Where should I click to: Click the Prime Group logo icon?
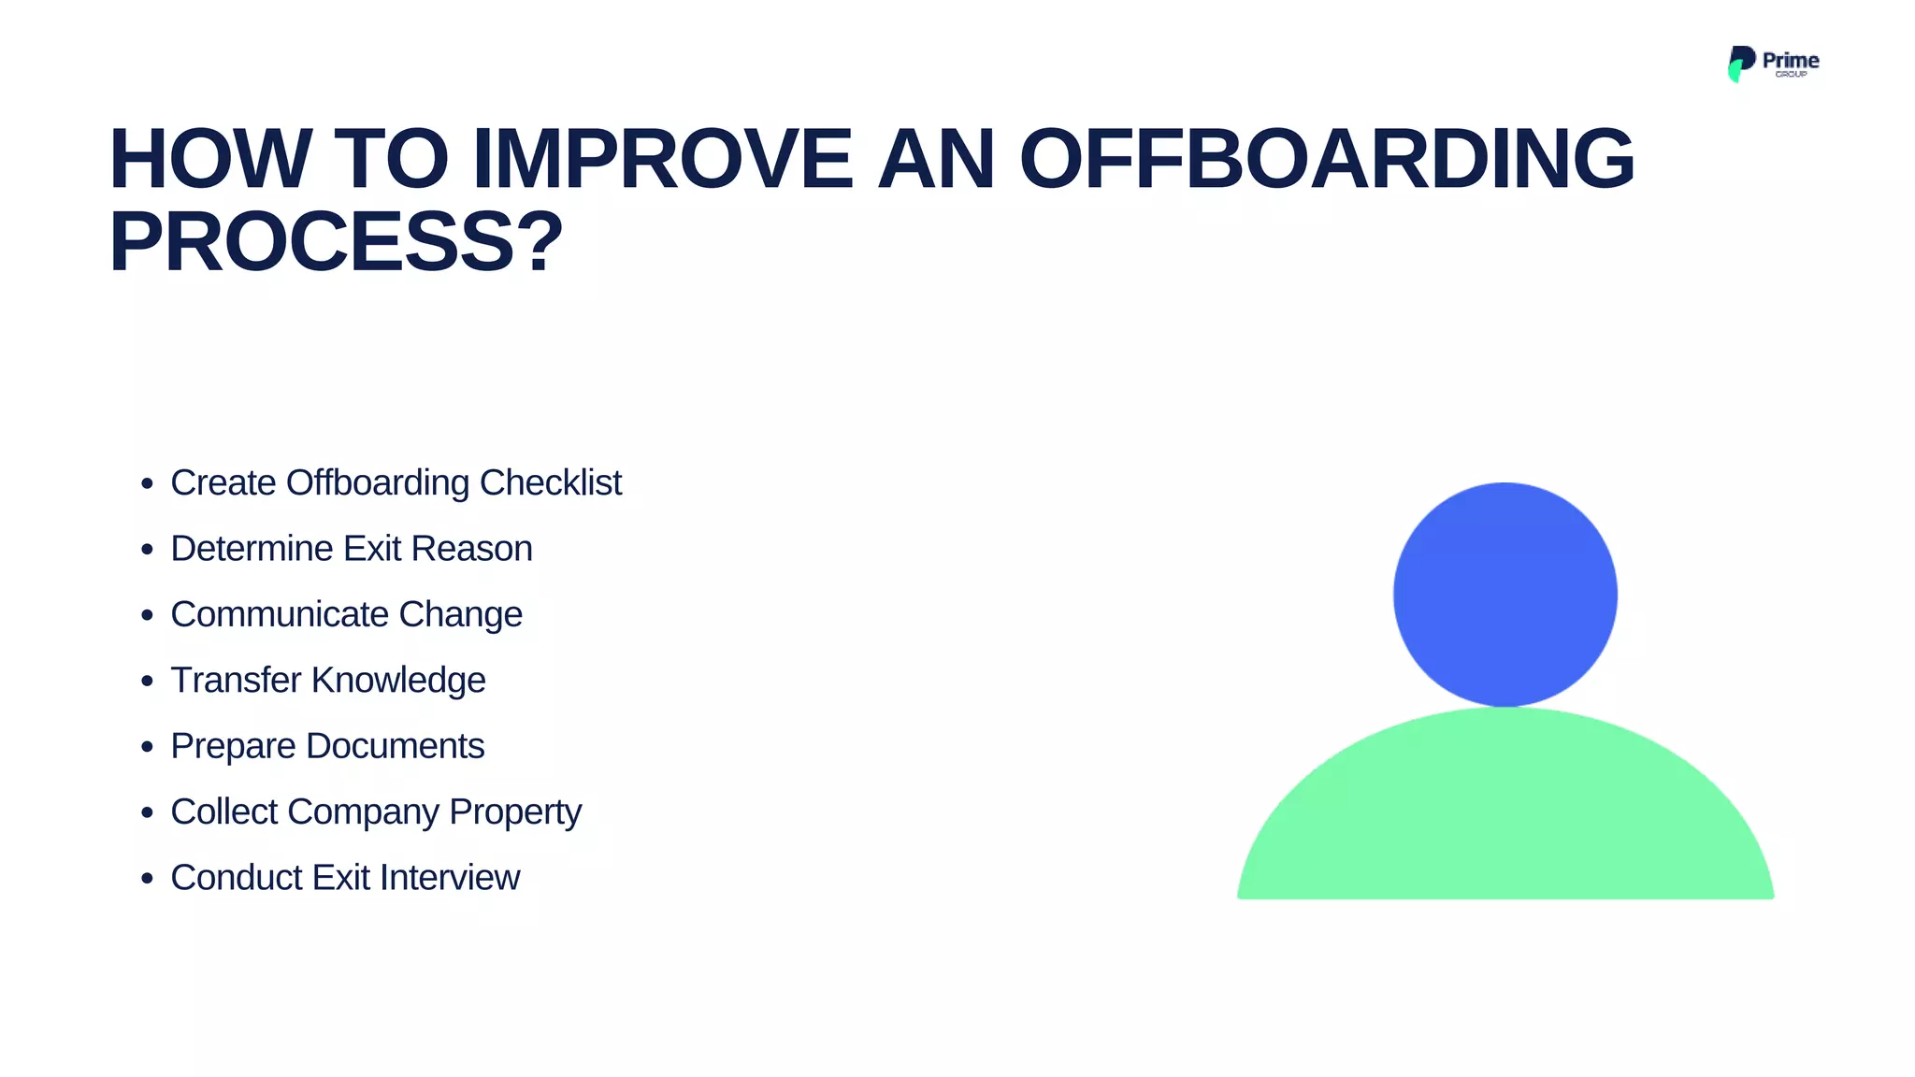[x=1740, y=63]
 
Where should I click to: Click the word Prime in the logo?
[x=1790, y=60]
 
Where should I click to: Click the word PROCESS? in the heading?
[x=336, y=242]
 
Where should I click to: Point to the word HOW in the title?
[x=210, y=159]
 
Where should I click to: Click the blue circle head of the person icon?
[x=1505, y=594]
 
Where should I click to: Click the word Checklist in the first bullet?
[x=550, y=483]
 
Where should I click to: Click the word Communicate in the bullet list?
[x=279, y=615]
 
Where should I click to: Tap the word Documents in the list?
[x=395, y=746]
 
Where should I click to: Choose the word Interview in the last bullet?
[x=449, y=878]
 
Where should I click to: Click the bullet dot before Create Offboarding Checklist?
[x=147, y=484]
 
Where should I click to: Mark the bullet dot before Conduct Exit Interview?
[x=147, y=879]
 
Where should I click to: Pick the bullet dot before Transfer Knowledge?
[x=147, y=682]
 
